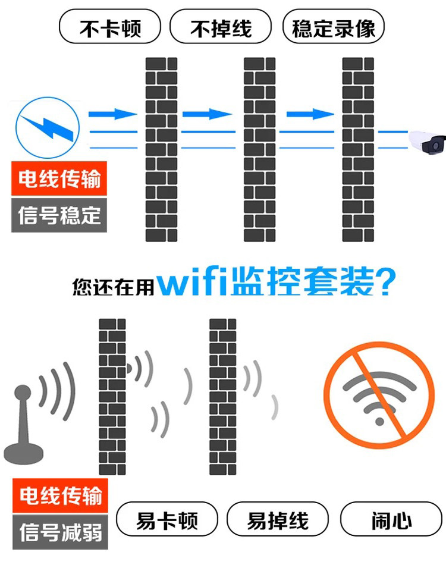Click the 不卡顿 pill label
(110, 28)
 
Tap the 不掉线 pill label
(221, 28)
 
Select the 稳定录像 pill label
(334, 28)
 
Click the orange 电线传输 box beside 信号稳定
(59, 178)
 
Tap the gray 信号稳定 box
(59, 215)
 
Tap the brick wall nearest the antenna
(112, 396)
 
